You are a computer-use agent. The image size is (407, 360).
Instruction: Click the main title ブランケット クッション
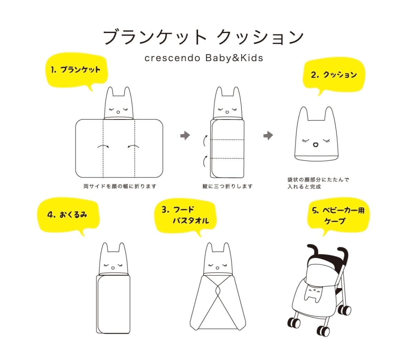[x=203, y=38]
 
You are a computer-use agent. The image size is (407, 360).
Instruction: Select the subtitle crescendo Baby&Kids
[x=203, y=58]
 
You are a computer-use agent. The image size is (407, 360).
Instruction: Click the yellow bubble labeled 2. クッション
[x=334, y=74]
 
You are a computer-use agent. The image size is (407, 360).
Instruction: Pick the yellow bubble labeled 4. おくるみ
[x=67, y=214]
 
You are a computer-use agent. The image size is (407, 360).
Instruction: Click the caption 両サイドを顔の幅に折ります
[x=120, y=186]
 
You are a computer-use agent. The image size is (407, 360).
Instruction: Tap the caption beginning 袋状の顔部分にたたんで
[x=318, y=183]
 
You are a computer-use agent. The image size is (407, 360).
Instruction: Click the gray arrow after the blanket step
[x=185, y=136]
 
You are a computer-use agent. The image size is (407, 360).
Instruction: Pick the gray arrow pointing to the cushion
[x=268, y=136]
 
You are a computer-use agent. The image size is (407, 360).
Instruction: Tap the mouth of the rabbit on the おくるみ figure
[x=113, y=268]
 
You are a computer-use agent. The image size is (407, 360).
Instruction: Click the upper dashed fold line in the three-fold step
[x=228, y=140]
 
